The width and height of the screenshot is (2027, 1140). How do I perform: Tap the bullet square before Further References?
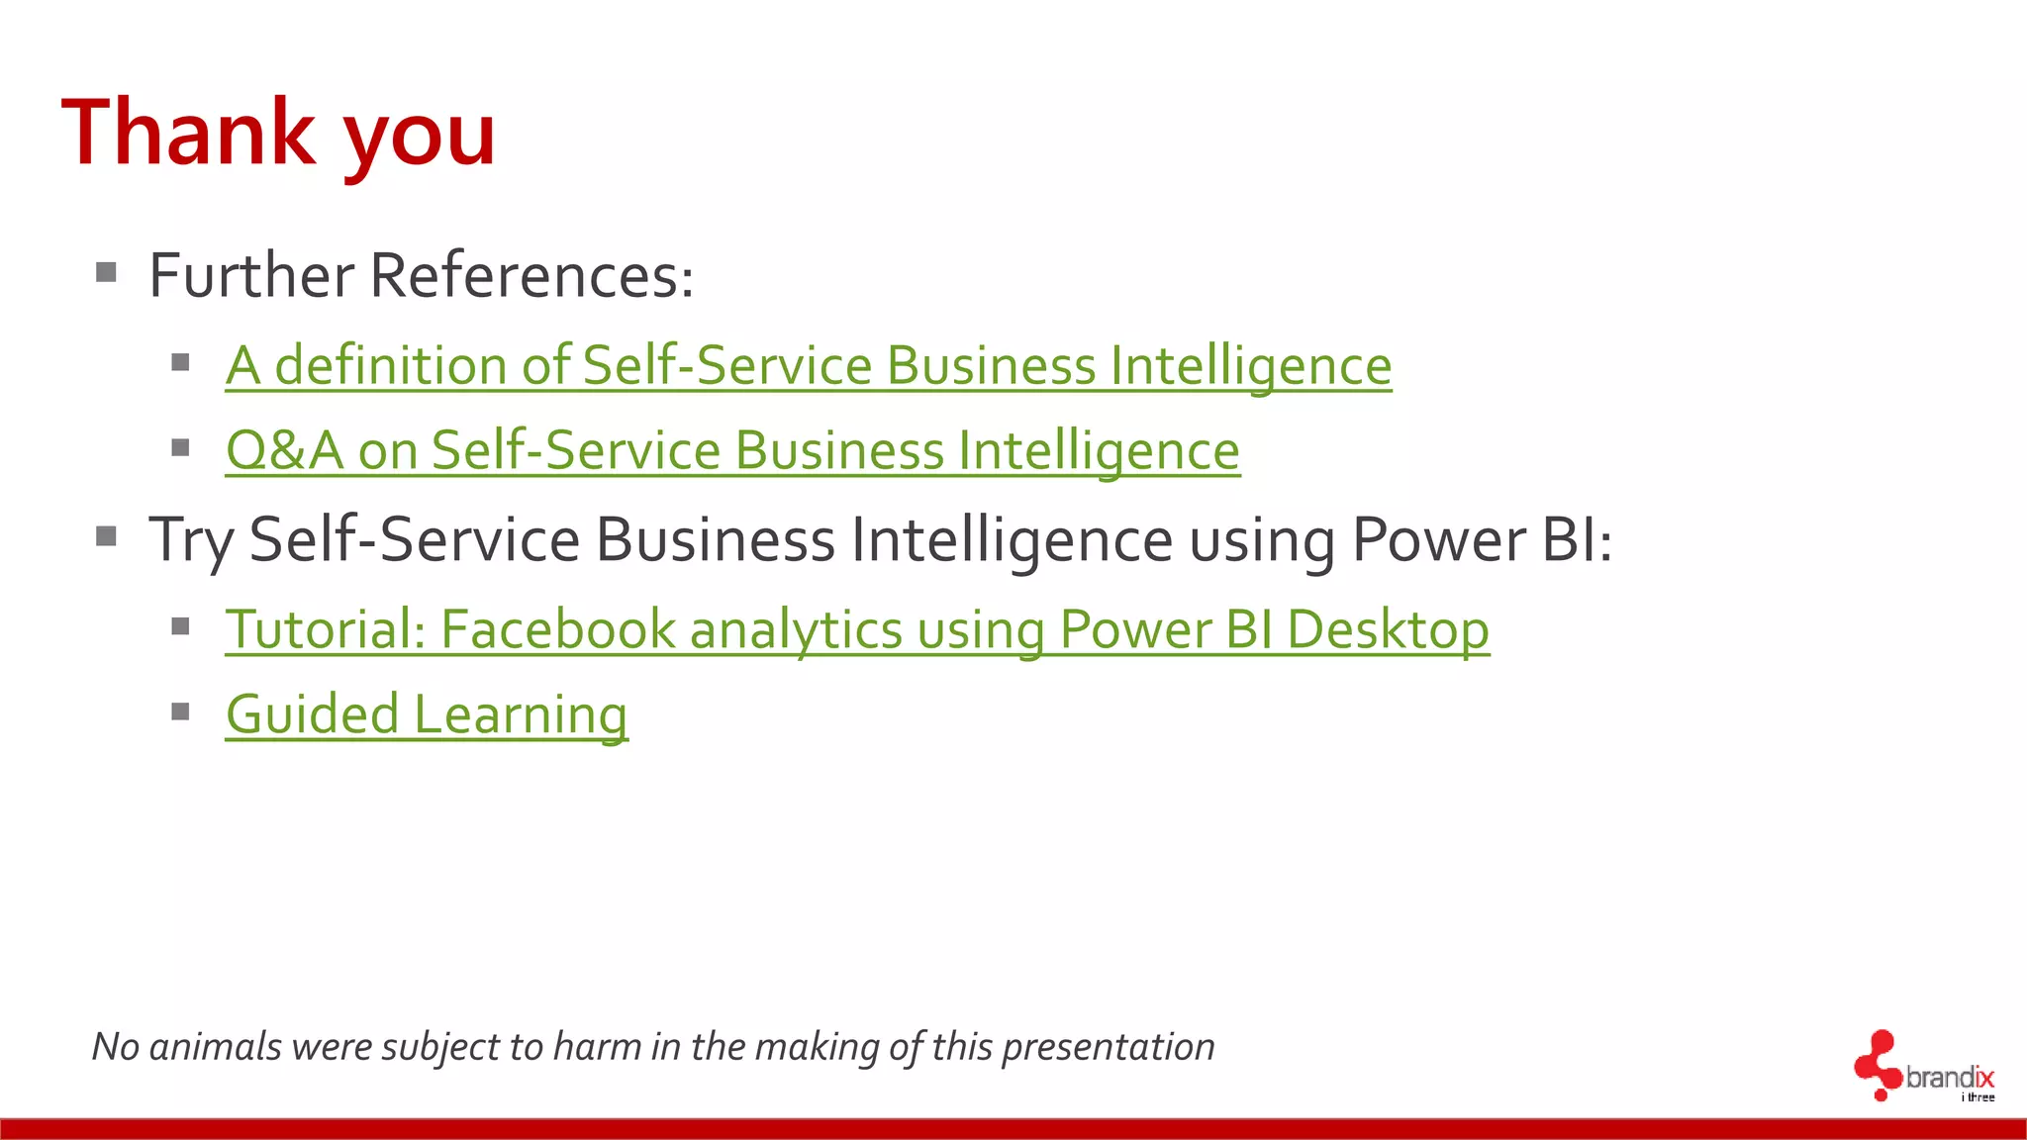click(x=107, y=272)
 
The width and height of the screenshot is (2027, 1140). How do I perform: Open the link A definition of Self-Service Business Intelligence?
click(x=808, y=365)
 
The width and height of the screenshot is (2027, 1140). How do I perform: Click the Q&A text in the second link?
click(x=284, y=450)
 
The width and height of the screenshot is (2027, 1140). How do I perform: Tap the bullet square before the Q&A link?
click(x=180, y=448)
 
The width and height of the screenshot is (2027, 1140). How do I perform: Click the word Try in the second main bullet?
click(x=191, y=541)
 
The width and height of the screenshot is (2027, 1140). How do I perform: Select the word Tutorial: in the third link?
click(x=326, y=629)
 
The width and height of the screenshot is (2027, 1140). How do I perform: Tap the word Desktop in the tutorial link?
click(x=1388, y=629)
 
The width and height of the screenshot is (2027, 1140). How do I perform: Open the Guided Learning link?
click(x=426, y=714)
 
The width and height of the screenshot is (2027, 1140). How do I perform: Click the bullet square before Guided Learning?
click(x=180, y=712)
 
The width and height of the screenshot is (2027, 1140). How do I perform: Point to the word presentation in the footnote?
click(x=1108, y=1047)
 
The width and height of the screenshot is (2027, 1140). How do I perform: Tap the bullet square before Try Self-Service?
click(x=107, y=536)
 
